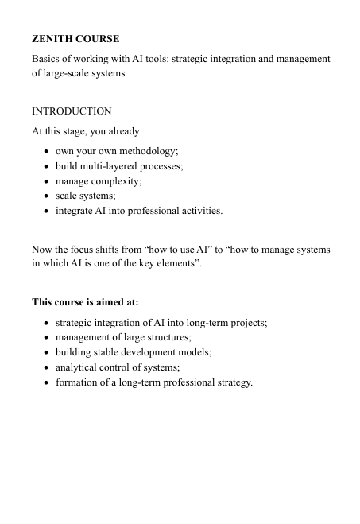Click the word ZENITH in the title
(52, 37)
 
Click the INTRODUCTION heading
(72, 111)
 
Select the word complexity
(118, 181)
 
